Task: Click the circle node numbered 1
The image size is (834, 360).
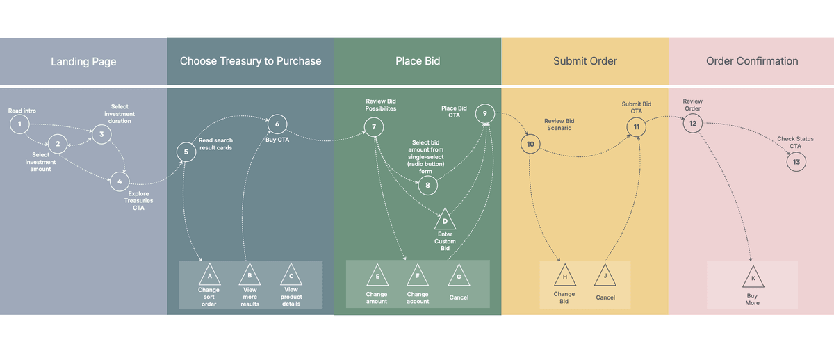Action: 19,125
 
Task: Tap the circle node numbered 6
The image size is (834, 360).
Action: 277,124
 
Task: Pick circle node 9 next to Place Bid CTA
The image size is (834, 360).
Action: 485,113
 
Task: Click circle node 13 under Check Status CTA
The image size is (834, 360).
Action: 796,162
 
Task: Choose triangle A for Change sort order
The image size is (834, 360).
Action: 209,275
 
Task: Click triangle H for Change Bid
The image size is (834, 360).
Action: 564,276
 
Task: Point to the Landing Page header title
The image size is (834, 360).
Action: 83,61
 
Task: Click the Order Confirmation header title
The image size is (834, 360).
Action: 752,61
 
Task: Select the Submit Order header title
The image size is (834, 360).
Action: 585,61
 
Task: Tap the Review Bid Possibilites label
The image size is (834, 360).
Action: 382,105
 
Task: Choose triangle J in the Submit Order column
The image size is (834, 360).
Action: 605,276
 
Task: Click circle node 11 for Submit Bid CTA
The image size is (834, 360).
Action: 636,126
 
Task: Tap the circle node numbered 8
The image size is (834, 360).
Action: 427,185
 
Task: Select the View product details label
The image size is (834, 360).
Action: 291,297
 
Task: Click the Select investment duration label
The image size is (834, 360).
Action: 120,114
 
